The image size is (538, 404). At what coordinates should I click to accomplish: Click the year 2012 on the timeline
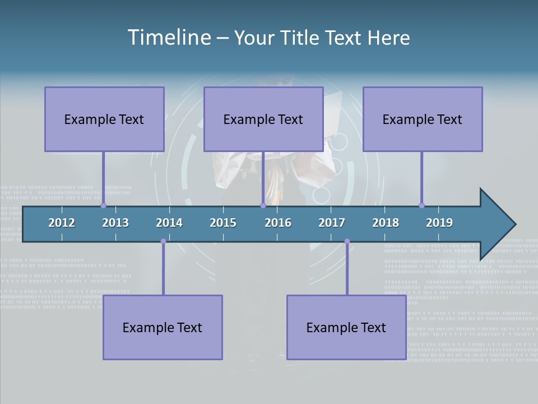[x=62, y=223]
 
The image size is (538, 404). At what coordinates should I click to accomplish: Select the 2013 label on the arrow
[x=115, y=223]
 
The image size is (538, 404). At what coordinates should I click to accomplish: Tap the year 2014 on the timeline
[x=169, y=223]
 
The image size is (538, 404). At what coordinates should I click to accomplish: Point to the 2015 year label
[x=223, y=223]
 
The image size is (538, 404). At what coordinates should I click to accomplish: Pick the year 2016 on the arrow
[x=278, y=223]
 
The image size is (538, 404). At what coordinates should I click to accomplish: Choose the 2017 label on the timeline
[x=332, y=223]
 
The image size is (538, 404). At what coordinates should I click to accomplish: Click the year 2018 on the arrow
[x=386, y=223]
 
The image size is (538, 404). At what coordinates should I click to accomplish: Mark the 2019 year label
[x=439, y=223]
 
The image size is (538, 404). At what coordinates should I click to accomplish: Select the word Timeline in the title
[x=169, y=38]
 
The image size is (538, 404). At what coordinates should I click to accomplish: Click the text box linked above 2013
[x=104, y=119]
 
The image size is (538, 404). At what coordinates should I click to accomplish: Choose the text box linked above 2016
[x=263, y=119]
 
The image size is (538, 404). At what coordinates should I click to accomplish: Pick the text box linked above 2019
[x=423, y=119]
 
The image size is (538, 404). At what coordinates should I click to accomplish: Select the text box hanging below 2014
[x=163, y=327]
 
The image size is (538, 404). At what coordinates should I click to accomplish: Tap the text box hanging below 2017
[x=346, y=327]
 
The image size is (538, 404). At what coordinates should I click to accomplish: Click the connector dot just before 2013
[x=104, y=205]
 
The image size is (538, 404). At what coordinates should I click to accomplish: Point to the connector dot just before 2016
[x=263, y=205]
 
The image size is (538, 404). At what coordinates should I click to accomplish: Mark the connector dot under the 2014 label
[x=163, y=241]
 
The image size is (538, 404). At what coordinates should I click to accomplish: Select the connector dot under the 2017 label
[x=347, y=241]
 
